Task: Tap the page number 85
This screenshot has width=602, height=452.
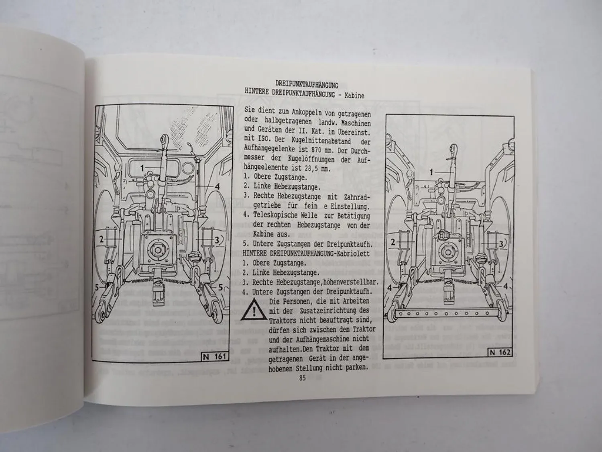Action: click(x=302, y=378)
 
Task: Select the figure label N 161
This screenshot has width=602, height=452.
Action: click(x=215, y=356)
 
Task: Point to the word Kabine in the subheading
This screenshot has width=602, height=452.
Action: click(x=354, y=96)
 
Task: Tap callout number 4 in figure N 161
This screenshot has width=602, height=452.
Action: click(x=217, y=186)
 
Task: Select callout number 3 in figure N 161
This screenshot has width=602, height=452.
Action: click(x=217, y=240)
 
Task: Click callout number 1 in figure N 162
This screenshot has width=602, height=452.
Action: click(x=432, y=172)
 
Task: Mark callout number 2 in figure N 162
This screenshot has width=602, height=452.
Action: click(x=393, y=242)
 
